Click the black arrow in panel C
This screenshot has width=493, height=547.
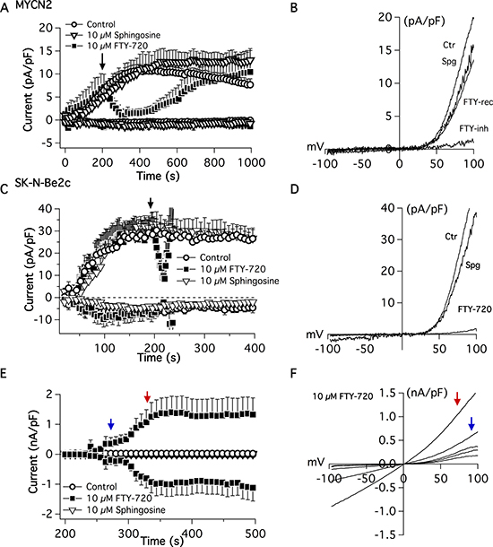[x=151, y=203]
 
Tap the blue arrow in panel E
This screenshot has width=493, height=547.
[x=111, y=424]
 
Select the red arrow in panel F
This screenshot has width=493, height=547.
[x=457, y=398]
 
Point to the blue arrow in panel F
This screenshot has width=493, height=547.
[x=471, y=423]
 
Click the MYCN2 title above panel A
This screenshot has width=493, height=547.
[x=33, y=4]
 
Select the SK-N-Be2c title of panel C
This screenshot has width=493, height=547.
[x=42, y=182]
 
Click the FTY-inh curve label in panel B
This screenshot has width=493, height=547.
[x=473, y=129]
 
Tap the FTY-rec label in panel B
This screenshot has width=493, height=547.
[x=478, y=102]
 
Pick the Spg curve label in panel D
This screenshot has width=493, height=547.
[x=472, y=265]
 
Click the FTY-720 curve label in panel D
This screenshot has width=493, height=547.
[x=474, y=309]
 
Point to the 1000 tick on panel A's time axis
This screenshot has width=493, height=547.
[x=251, y=162]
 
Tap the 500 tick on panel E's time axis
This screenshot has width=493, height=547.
[x=255, y=534]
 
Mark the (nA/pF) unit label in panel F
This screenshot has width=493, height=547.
[x=427, y=393]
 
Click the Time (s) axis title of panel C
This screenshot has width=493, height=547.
[x=159, y=358]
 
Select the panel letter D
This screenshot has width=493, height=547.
[x=295, y=189]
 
